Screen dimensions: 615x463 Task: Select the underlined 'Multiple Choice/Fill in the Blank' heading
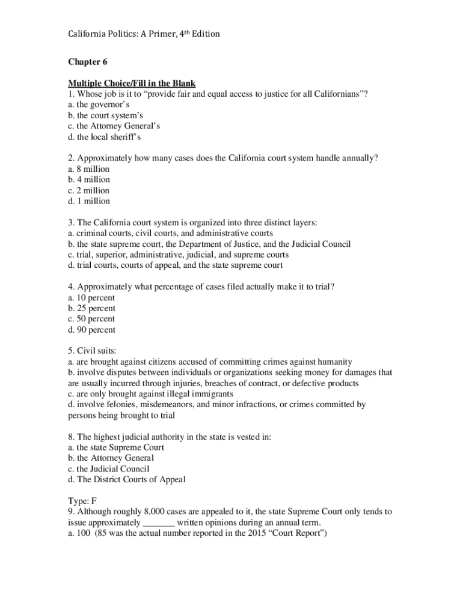click(132, 83)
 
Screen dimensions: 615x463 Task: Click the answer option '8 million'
click(89, 169)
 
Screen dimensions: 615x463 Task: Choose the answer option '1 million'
click(89, 201)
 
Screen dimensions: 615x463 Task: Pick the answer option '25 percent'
click(91, 309)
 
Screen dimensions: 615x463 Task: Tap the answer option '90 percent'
click(91, 330)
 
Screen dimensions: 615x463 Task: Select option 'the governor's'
click(95, 105)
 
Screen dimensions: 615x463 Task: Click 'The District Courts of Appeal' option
click(127, 479)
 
